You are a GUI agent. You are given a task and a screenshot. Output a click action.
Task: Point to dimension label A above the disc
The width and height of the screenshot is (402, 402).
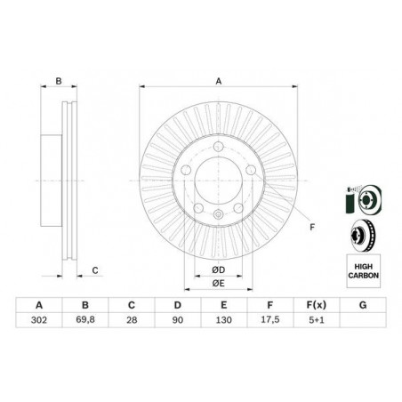point(219,81)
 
